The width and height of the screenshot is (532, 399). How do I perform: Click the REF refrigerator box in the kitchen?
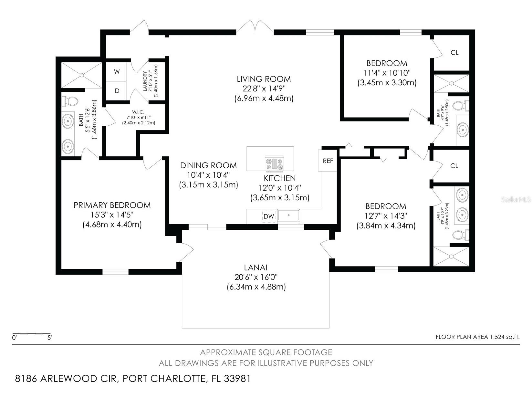[328, 161]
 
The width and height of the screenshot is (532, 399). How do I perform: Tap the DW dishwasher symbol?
[268, 216]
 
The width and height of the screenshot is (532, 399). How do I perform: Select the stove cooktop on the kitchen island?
[274, 163]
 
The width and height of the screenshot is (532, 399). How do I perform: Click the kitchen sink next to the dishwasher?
[289, 215]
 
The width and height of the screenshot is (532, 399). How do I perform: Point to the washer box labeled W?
[117, 72]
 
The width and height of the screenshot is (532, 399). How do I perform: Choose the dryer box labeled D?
[117, 91]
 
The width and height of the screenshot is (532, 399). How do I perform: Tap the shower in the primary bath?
[82, 75]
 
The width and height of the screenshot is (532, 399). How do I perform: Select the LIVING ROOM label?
[264, 79]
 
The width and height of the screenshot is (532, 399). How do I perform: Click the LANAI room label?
[256, 268]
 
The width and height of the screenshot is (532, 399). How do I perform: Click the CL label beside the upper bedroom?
[454, 53]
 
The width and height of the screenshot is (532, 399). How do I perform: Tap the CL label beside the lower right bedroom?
[454, 166]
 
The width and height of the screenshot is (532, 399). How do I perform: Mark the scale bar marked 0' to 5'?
[31, 333]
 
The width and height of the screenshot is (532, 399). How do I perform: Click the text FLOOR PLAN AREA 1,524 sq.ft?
[477, 337]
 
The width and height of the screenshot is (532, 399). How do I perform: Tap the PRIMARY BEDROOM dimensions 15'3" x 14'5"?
[112, 215]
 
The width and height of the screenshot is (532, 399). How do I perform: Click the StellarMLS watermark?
[516, 200]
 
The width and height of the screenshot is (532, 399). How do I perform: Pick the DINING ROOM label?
[208, 165]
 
